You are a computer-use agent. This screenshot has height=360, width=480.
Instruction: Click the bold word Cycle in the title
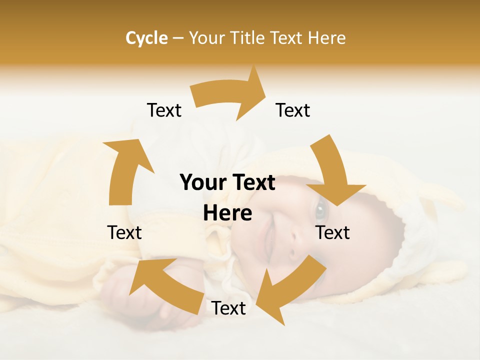click(146, 38)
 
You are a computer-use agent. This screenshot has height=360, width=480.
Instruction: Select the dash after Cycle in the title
click(178, 38)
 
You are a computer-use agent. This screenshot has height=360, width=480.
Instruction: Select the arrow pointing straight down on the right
click(332, 172)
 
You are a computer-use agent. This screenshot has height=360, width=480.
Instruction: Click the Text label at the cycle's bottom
click(228, 308)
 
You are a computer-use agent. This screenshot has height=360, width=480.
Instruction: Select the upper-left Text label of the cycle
click(164, 110)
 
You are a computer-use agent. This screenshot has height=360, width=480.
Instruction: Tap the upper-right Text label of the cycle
click(293, 110)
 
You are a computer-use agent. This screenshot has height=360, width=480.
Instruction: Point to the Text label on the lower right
click(332, 232)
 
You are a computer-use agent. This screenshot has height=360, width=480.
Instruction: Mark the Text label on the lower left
click(124, 232)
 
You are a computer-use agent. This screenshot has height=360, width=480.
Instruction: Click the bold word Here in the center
click(227, 213)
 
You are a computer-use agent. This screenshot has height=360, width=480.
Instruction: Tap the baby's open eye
click(320, 211)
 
